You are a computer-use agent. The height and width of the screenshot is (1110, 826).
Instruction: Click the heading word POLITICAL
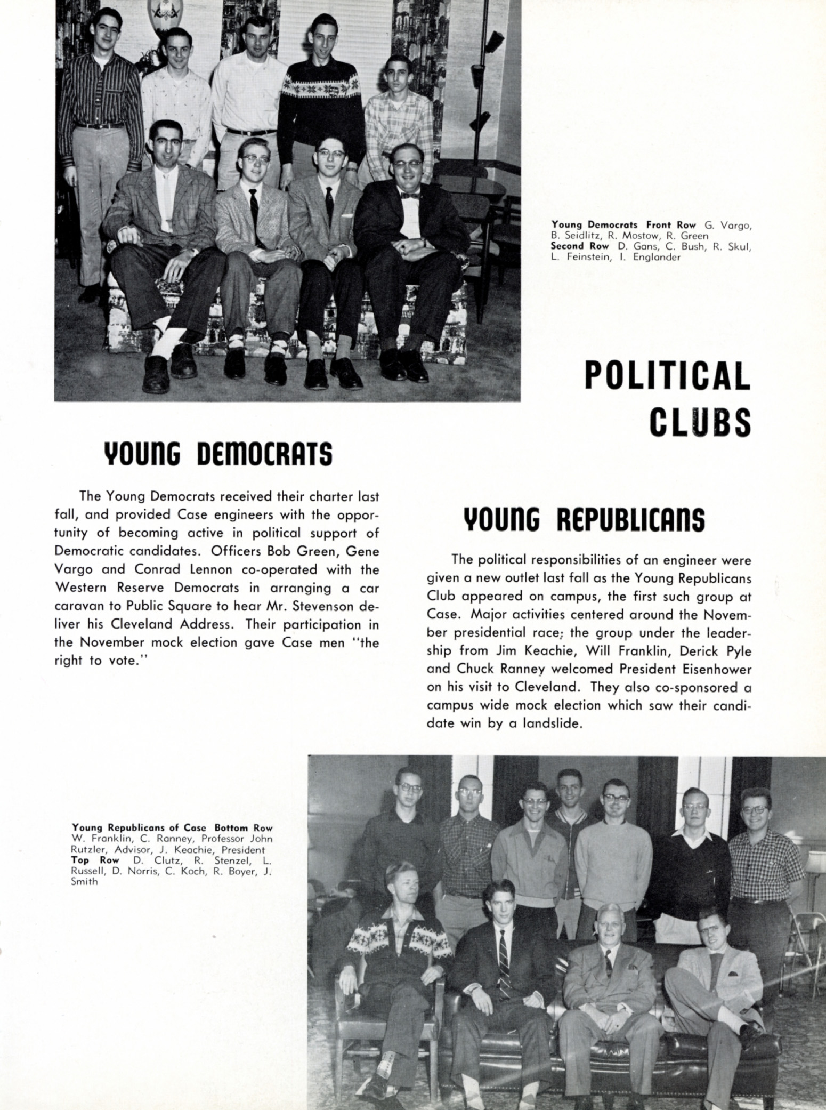667,376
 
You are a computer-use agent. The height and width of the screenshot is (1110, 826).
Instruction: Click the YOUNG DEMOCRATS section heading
218,454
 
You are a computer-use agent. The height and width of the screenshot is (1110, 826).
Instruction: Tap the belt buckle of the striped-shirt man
99,126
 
